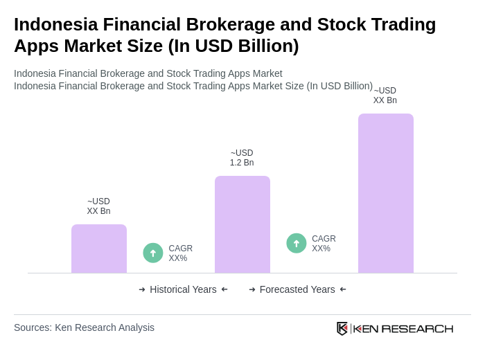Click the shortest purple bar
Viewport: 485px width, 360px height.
pyautogui.click(x=99, y=249)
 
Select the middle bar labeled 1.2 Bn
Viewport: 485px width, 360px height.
pyautogui.click(x=242, y=224)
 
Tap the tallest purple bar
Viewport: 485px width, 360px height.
pyautogui.click(x=386, y=193)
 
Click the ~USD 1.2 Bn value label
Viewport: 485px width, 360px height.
pyautogui.click(x=242, y=158)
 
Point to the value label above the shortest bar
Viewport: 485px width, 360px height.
pyautogui.click(x=98, y=206)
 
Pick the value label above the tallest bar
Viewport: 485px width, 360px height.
pyautogui.click(x=385, y=96)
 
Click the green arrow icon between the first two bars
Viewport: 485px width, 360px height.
pyautogui.click(x=153, y=253)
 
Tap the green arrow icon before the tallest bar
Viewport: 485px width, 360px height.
pyautogui.click(x=297, y=243)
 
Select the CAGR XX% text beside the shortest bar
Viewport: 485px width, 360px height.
pyautogui.click(x=180, y=253)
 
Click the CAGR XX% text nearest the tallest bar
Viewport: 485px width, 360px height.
pyautogui.click(x=324, y=244)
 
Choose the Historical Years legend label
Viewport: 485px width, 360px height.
pyautogui.click(x=183, y=289)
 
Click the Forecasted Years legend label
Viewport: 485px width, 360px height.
pyautogui.click(x=297, y=289)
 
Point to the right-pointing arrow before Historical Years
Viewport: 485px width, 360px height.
pyautogui.click(x=142, y=289)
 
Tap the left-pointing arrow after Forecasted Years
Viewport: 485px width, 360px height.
pyautogui.click(x=343, y=289)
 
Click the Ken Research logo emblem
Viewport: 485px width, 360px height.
pyautogui.click(x=342, y=328)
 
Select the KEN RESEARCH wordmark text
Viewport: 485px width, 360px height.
pyautogui.click(x=403, y=328)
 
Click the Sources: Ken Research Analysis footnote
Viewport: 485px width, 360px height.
pyautogui.click(x=84, y=327)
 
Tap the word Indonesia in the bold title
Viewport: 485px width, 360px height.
pyautogui.click(x=55, y=24)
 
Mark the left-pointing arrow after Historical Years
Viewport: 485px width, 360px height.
pyautogui.click(x=224, y=289)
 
